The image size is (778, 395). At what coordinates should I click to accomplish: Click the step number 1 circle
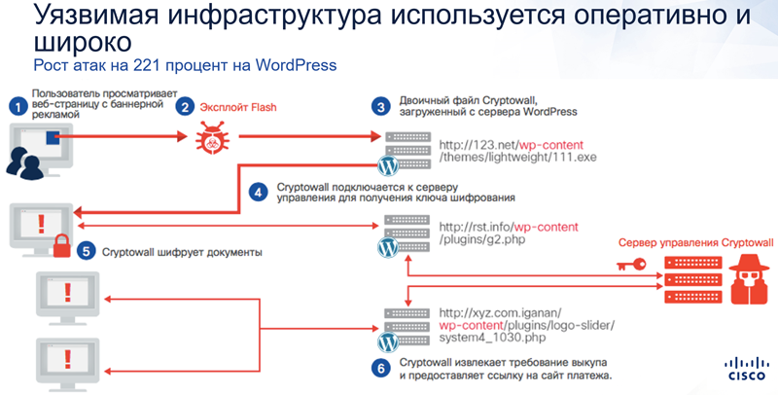(x=18, y=107)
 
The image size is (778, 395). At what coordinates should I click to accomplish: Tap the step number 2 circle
(x=185, y=107)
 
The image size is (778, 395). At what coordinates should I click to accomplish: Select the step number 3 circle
(x=380, y=107)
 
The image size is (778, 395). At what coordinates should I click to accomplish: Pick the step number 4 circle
(x=258, y=192)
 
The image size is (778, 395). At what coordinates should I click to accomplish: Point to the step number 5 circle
(x=86, y=252)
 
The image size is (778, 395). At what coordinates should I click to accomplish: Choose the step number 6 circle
(x=380, y=368)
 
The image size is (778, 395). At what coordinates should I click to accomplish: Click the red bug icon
(x=212, y=136)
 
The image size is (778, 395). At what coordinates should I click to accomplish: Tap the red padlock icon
(x=61, y=245)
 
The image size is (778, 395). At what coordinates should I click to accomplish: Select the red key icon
(x=631, y=265)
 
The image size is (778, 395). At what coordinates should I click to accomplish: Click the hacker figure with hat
(x=748, y=279)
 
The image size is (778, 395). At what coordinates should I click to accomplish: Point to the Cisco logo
(x=746, y=369)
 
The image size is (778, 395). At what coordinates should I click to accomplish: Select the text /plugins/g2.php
(x=481, y=239)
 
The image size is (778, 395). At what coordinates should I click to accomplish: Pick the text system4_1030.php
(x=492, y=338)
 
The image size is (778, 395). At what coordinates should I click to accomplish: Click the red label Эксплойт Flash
(x=238, y=107)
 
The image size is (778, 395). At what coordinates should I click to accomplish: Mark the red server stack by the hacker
(x=693, y=279)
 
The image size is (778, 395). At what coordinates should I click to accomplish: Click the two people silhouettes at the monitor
(x=24, y=162)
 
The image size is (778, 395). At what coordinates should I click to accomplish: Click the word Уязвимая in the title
(x=96, y=16)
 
